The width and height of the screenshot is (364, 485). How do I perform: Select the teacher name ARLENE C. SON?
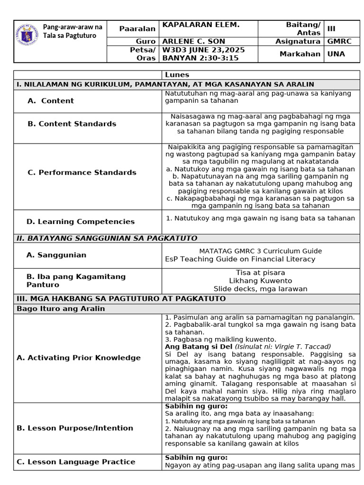(194, 41)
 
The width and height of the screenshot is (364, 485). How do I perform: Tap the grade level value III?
(331, 28)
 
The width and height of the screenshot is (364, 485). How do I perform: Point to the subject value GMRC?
(339, 41)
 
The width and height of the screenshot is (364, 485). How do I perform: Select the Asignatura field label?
(298, 41)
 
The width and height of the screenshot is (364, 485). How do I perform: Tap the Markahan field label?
(300, 54)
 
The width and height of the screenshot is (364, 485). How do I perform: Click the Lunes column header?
(177, 75)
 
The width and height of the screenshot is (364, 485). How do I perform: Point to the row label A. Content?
(51, 100)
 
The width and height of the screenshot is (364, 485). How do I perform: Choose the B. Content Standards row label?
(72, 124)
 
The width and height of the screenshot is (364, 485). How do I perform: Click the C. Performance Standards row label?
(82, 172)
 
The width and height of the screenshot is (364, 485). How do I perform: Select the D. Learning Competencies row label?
(81, 221)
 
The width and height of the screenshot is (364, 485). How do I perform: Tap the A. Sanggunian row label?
(56, 255)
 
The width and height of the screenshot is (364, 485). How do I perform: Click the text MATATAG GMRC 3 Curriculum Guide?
(260, 251)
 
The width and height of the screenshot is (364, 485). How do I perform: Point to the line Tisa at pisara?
(260, 273)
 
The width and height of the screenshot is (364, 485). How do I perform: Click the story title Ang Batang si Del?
(199, 346)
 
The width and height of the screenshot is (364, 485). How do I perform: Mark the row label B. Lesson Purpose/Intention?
(75, 428)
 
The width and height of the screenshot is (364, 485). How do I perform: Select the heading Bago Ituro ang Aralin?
(61, 309)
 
